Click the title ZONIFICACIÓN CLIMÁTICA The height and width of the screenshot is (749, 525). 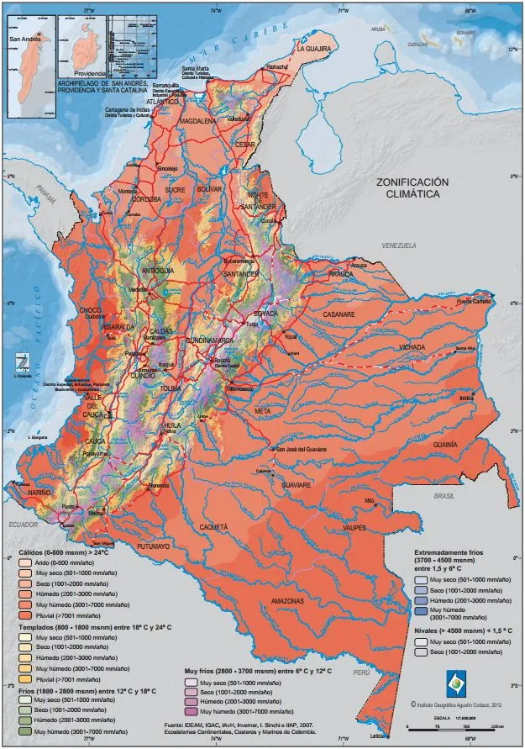pyautogui.click(x=412, y=187)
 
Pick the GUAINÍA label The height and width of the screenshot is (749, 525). pyautogui.click(x=445, y=443)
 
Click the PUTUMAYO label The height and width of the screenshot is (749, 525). pyautogui.click(x=154, y=546)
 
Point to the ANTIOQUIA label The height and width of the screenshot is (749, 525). pyautogui.click(x=158, y=271)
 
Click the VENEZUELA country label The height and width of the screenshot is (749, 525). pyautogui.click(x=399, y=245)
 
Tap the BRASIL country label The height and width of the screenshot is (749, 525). pyautogui.click(x=444, y=497)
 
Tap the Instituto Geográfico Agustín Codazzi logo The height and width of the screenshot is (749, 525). pyautogui.click(x=454, y=680)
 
